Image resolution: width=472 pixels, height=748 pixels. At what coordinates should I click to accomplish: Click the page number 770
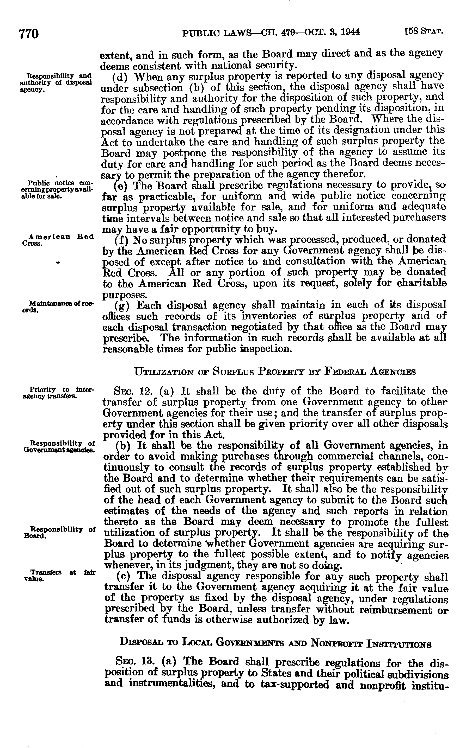point(29,33)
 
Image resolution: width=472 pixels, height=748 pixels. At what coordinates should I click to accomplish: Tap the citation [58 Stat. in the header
point(424,32)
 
